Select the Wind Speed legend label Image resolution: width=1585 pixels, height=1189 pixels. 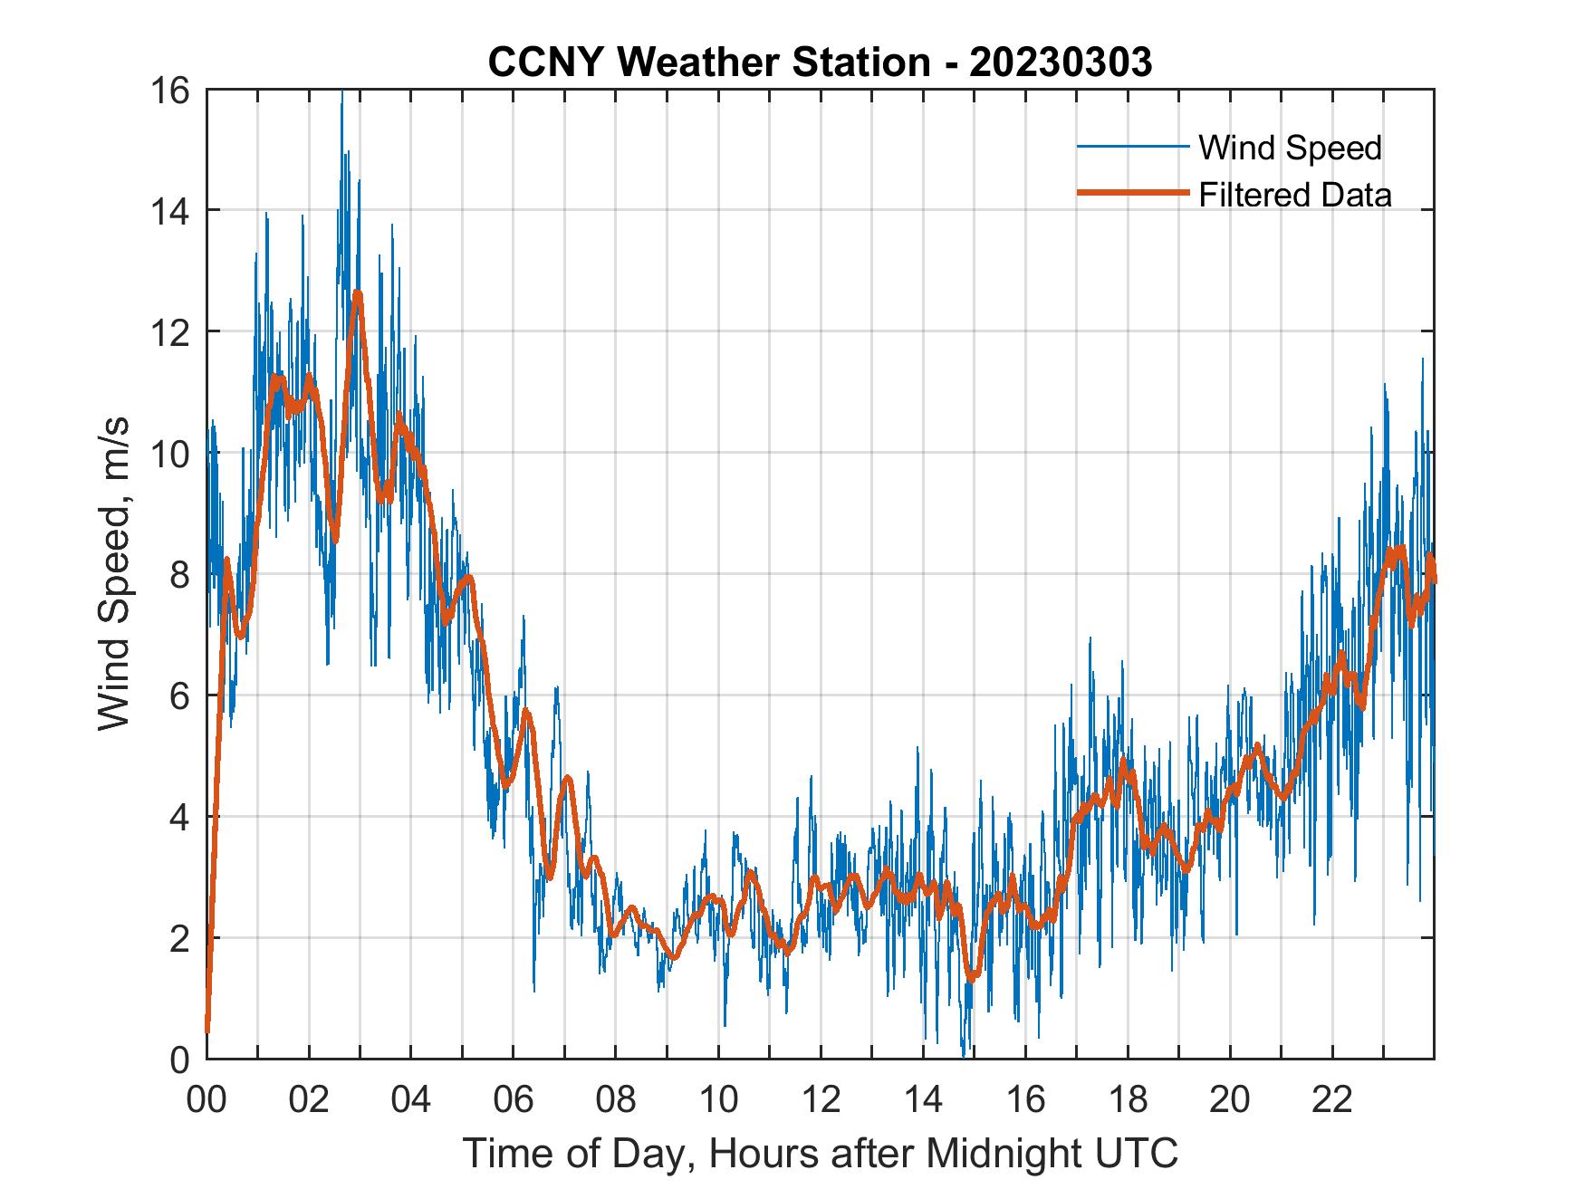pyautogui.click(x=1290, y=148)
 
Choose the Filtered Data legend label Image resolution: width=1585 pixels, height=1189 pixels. pyautogui.click(x=1294, y=195)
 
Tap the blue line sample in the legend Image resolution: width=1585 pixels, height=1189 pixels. pyautogui.click(x=1132, y=147)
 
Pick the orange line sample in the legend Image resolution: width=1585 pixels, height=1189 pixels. pyautogui.click(x=1132, y=194)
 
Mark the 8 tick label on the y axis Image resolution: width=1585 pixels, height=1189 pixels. pyautogui.click(x=178, y=575)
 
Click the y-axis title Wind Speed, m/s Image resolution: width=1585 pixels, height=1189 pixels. pyautogui.click(x=114, y=574)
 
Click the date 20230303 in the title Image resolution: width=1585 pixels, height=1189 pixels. pyautogui.click(x=1061, y=62)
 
